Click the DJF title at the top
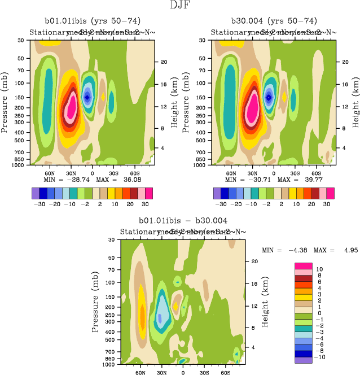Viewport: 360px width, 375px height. [180, 6]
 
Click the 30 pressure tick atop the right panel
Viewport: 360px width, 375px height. [204, 41]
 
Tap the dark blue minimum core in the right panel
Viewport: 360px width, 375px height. [269, 97]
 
